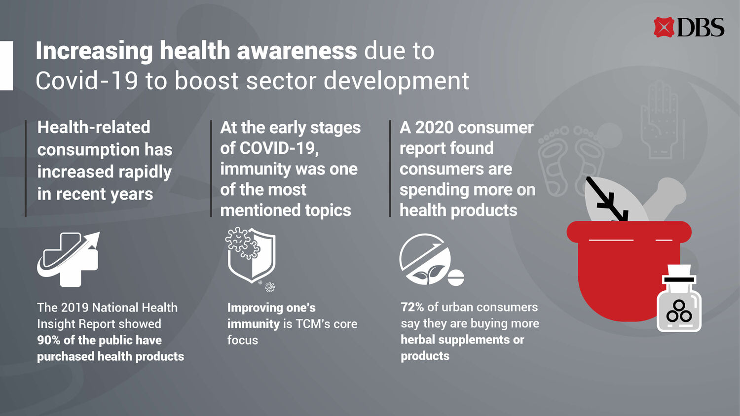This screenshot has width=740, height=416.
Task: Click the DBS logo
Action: [x=689, y=27]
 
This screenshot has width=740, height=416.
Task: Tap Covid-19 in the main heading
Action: [x=86, y=80]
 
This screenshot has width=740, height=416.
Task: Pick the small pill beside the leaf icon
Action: [x=456, y=277]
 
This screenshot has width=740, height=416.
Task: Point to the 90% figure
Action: [x=48, y=340]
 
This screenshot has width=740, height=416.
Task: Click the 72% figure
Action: [x=412, y=307]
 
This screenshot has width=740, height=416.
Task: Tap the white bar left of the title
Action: [x=6, y=66]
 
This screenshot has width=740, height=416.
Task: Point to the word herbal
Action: [x=417, y=340]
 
